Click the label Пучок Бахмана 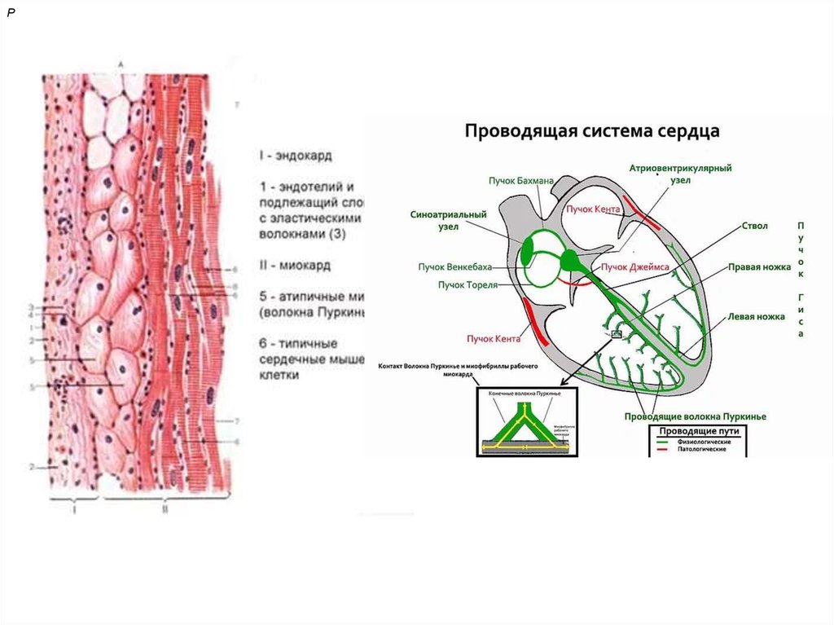point(521,179)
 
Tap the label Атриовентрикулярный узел point(680,174)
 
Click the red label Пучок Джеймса point(634,266)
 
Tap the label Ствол point(754,226)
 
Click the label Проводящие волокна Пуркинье point(695,416)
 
